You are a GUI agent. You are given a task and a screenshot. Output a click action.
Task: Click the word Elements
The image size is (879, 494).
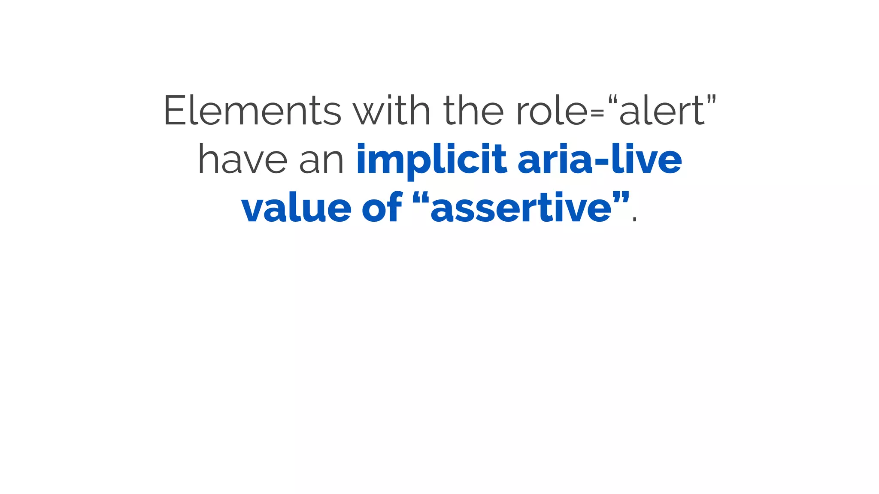(252, 111)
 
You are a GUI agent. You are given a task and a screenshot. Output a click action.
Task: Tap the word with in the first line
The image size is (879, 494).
(391, 111)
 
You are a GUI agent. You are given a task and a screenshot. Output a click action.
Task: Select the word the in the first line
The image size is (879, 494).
(473, 111)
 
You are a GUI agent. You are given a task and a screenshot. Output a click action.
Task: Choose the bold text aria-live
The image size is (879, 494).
(600, 160)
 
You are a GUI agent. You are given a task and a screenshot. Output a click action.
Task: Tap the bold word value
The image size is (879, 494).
(296, 208)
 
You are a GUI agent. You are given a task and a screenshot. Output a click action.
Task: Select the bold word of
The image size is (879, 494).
(382, 208)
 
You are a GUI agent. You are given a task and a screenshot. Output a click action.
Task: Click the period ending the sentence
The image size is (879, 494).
(635, 220)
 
